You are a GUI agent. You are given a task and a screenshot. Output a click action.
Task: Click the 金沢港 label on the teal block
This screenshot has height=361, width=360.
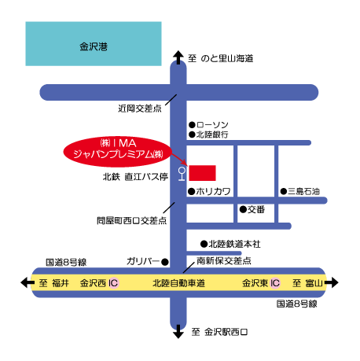[94, 46]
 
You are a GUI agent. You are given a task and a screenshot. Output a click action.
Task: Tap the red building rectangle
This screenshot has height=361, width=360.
[202, 173]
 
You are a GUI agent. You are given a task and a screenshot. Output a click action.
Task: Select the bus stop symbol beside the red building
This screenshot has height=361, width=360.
[182, 174]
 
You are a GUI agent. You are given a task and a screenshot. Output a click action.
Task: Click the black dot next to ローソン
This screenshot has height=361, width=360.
[192, 124]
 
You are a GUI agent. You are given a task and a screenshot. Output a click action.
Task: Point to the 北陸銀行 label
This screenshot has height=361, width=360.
[212, 134]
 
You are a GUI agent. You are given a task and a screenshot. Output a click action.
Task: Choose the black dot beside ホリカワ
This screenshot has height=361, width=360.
[191, 191]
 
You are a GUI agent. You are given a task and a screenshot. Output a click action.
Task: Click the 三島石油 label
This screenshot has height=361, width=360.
[303, 191]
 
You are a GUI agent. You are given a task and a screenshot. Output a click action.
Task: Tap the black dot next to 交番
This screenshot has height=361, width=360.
[243, 209]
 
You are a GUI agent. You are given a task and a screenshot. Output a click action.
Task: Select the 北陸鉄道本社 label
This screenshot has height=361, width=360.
[234, 245]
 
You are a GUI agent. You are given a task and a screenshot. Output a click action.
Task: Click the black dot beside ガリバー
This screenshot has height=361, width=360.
[165, 262]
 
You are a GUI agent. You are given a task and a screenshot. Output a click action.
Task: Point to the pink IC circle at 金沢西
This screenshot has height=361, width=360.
[113, 283]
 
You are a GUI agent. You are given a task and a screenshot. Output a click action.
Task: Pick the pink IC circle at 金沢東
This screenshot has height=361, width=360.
[275, 283]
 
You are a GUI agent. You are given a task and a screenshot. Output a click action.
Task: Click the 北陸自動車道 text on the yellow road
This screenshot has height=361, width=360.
[178, 283]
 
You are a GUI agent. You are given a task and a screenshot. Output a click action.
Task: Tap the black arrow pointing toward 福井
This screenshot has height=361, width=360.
[28, 283]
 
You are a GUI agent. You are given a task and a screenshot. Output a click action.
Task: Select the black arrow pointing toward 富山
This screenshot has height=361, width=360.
[332, 283]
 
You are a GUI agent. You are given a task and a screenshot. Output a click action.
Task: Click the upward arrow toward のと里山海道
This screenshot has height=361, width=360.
[178, 57]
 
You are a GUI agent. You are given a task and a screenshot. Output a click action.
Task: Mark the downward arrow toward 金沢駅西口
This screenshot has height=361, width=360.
[178, 331]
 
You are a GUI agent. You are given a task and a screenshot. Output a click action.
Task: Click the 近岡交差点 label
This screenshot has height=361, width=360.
[140, 109]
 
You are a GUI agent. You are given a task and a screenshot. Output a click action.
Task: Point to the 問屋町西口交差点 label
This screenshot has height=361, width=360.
[131, 221]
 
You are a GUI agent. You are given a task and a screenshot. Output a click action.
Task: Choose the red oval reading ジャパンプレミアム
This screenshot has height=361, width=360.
[118, 152]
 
